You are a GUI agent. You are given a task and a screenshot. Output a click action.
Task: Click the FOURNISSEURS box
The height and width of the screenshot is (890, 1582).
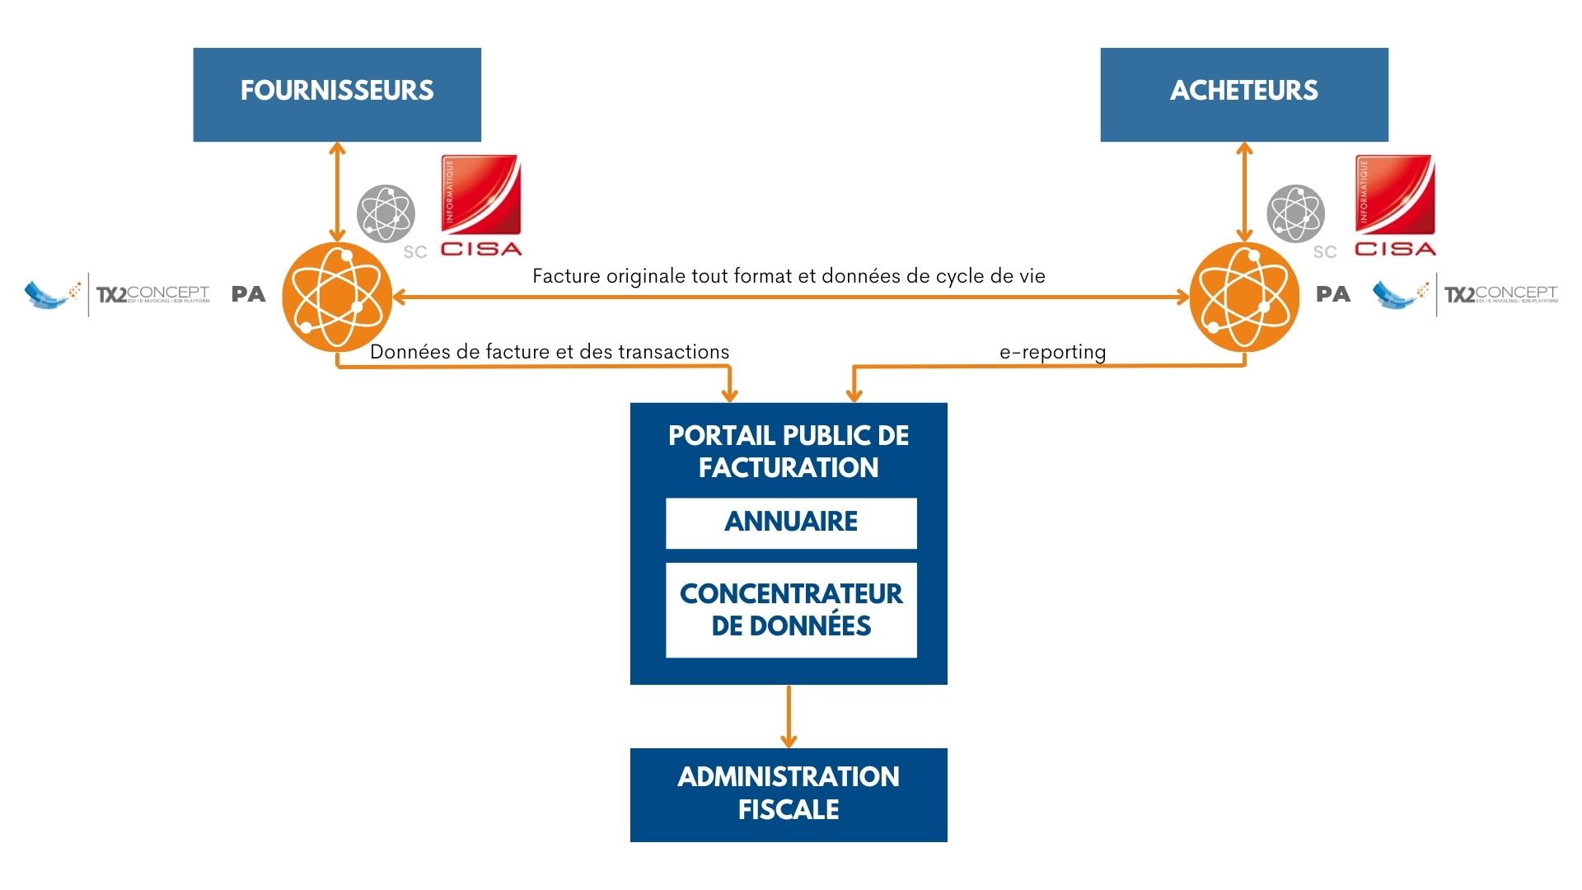(x=337, y=94)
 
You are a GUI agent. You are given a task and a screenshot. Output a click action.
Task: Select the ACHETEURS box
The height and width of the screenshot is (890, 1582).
(x=1244, y=94)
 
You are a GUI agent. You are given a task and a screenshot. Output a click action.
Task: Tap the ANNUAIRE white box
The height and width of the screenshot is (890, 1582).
(x=791, y=522)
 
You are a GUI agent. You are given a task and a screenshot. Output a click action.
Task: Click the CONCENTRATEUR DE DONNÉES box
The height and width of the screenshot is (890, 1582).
(x=791, y=610)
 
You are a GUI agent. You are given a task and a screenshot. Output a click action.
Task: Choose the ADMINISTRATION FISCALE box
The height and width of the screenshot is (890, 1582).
(x=789, y=794)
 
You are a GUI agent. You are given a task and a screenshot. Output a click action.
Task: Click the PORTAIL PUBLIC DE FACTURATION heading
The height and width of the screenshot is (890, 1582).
(x=789, y=452)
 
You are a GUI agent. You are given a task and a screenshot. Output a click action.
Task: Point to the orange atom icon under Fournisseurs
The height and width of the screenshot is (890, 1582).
(x=337, y=297)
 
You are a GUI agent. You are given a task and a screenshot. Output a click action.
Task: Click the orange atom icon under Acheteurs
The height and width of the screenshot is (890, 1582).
(x=1244, y=297)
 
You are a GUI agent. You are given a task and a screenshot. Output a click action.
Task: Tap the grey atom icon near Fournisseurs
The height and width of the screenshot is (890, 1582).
(x=386, y=213)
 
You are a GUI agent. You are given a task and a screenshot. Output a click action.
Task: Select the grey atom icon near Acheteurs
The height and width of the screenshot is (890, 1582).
(x=1295, y=213)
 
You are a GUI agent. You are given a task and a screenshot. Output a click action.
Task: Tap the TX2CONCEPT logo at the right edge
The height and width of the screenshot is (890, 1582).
(x=1467, y=294)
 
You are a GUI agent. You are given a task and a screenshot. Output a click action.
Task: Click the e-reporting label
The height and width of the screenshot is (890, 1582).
(x=1052, y=352)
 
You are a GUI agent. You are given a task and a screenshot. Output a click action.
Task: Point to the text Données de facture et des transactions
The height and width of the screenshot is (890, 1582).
(x=550, y=352)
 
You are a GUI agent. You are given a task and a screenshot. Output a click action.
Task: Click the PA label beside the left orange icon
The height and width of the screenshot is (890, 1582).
(x=248, y=294)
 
